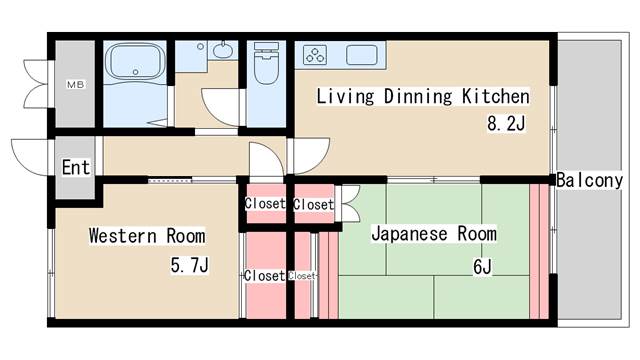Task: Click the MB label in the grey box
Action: tap(75, 85)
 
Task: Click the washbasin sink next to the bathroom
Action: tap(222, 50)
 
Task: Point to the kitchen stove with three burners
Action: tap(316, 54)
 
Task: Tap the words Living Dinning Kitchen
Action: tap(423, 97)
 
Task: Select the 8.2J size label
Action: tap(506, 125)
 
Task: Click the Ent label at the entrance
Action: tap(76, 167)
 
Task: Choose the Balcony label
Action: tap(590, 181)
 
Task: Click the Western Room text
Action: tap(146, 236)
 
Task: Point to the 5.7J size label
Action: tap(189, 265)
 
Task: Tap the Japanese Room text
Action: tap(433, 234)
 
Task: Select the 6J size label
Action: tap(484, 265)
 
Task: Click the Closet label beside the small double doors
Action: tap(314, 204)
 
